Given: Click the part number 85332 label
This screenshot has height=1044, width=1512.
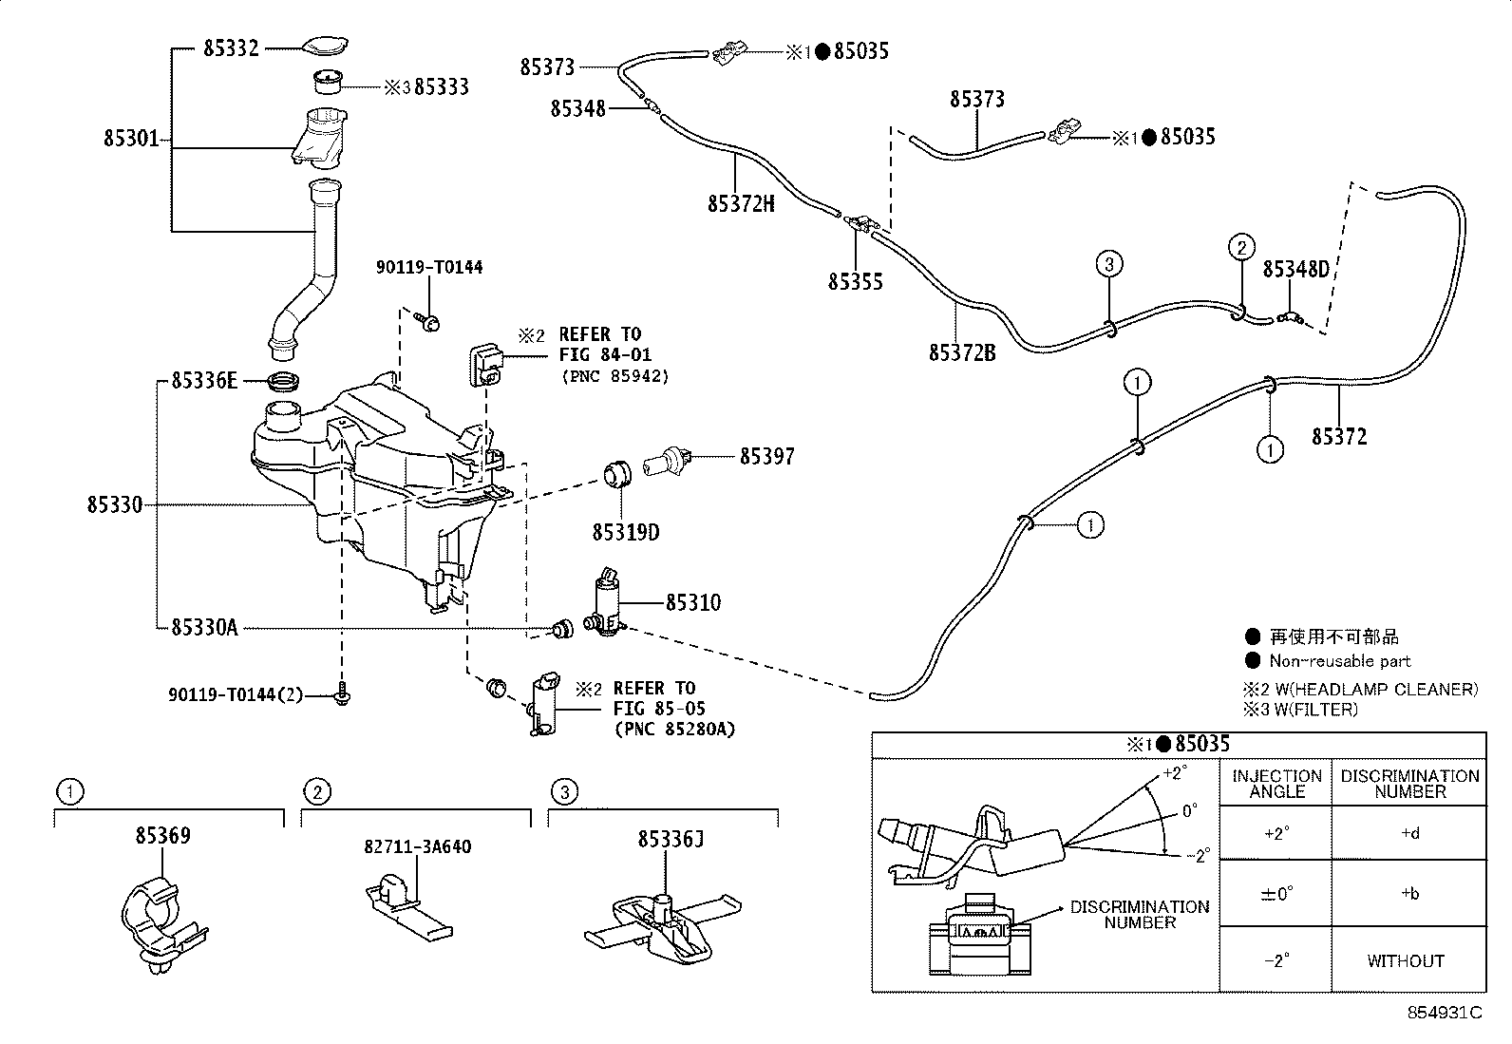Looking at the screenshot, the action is click(231, 47).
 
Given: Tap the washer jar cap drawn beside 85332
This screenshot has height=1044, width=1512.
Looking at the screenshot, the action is click(326, 46).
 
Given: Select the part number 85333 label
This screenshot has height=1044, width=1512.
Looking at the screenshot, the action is click(442, 86).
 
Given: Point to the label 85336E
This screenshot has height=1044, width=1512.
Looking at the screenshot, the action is click(204, 380).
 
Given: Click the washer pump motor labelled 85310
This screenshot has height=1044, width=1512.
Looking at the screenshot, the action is click(606, 602).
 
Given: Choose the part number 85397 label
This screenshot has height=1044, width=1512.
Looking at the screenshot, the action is click(766, 457).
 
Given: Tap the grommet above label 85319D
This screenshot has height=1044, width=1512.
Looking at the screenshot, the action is click(617, 474).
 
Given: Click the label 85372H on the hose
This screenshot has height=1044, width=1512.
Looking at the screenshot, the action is click(741, 203).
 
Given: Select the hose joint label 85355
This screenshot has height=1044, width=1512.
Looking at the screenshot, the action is click(855, 281).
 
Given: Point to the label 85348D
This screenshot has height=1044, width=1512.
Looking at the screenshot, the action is click(1295, 270).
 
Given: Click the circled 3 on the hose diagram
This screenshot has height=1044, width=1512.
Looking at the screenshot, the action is click(1109, 263).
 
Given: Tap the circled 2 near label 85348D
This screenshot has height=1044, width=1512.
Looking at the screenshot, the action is click(1240, 247).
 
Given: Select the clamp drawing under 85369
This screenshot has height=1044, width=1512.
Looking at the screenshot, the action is click(163, 923).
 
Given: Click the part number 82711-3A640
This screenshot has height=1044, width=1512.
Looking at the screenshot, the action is click(417, 846).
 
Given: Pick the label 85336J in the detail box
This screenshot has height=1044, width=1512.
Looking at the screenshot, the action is click(671, 840).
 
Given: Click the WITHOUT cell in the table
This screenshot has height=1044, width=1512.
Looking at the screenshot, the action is click(1406, 960).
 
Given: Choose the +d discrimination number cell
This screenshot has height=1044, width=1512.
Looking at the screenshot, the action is click(1409, 832).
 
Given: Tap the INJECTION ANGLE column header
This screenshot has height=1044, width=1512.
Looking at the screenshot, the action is click(1276, 784).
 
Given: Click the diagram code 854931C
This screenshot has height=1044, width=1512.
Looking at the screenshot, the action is click(1445, 1013).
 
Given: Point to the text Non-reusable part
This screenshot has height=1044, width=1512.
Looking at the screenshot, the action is click(1340, 660).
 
